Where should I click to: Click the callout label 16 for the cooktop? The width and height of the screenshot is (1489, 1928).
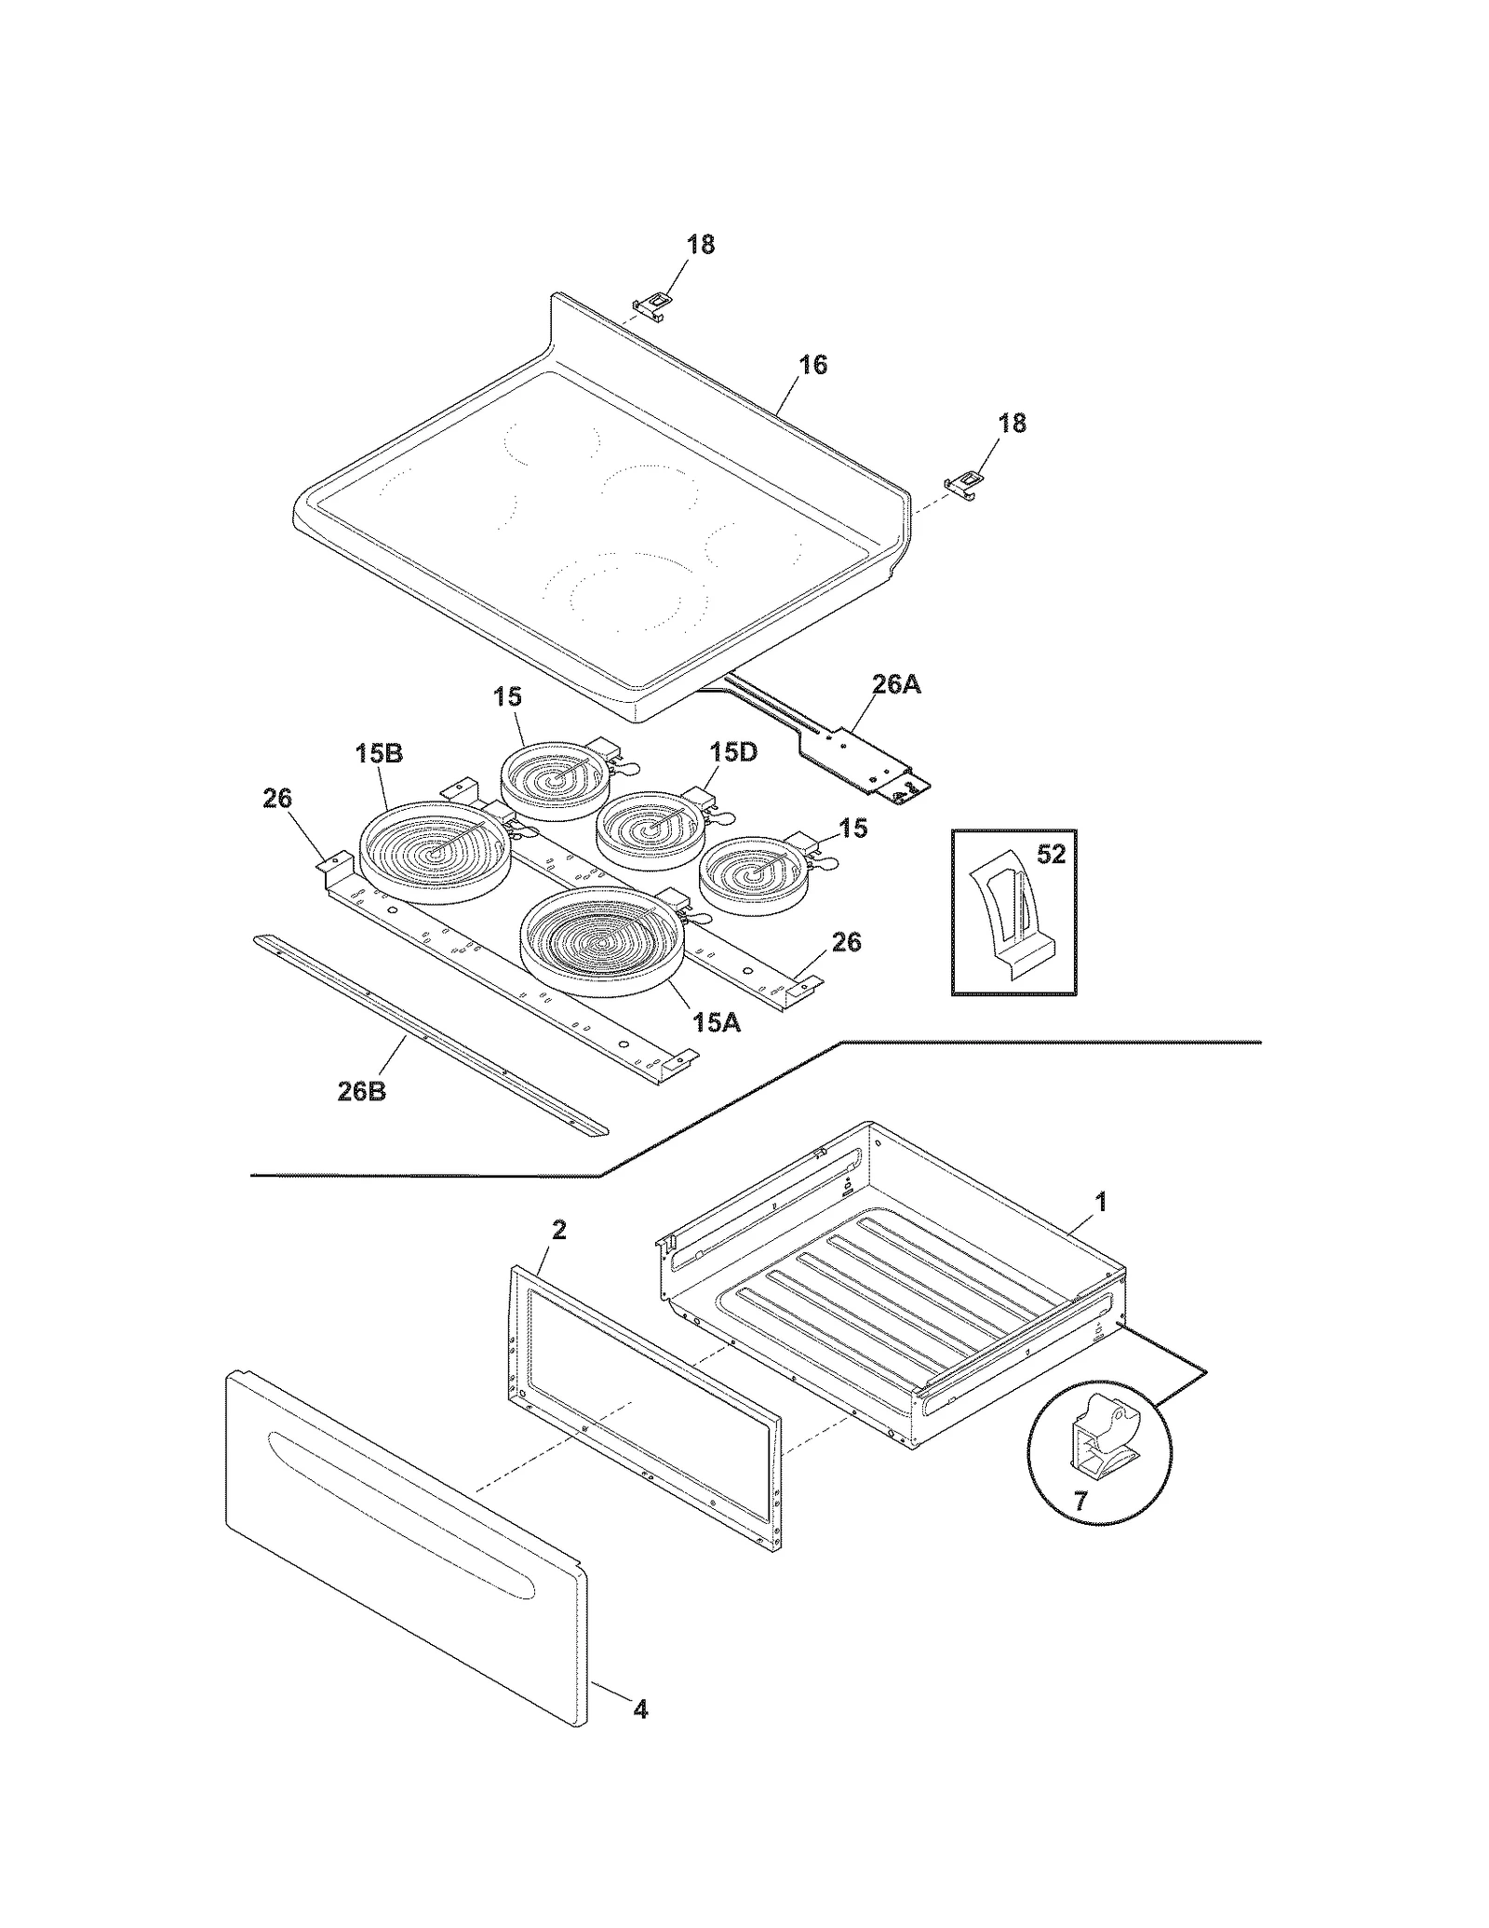812,365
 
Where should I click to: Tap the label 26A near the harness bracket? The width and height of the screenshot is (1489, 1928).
896,685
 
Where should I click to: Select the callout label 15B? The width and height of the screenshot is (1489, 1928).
379,753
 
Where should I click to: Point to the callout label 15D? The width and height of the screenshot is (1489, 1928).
733,751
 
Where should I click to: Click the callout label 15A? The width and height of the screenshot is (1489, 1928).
717,1022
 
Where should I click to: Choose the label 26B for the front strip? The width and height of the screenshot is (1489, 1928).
361,1091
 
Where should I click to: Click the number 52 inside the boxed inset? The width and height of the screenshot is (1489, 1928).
1051,854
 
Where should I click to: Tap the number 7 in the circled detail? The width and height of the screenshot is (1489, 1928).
1080,1503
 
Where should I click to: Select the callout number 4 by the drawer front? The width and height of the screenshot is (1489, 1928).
640,1709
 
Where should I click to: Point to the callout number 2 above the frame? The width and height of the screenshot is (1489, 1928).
558,1230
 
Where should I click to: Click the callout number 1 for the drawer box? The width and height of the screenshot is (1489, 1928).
1101,1203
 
